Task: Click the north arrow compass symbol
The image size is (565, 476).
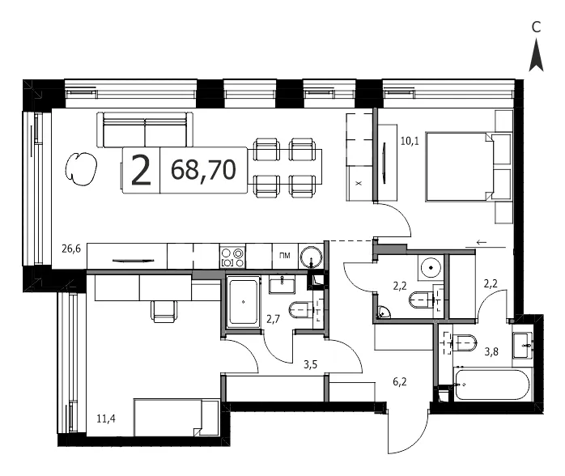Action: pyautogui.click(x=536, y=55)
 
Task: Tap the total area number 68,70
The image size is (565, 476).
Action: pyautogui.click(x=204, y=170)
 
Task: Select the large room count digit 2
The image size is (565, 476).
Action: pyautogui.click(x=141, y=171)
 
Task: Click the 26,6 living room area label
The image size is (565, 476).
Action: pyautogui.click(x=71, y=249)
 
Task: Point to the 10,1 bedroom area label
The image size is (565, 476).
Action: pyautogui.click(x=410, y=141)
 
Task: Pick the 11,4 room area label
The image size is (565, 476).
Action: pyautogui.click(x=106, y=419)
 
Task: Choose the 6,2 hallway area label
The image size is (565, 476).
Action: pyautogui.click(x=400, y=381)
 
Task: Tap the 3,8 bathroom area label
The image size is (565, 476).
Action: pyautogui.click(x=491, y=351)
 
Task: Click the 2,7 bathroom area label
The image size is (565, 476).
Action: pyautogui.click(x=273, y=319)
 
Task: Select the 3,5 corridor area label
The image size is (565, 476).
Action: pyautogui.click(x=310, y=364)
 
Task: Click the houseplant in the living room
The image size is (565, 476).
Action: pyautogui.click(x=81, y=168)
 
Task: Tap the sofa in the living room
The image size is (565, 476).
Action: pyautogui.click(x=145, y=130)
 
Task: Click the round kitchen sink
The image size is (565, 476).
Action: pyautogui.click(x=311, y=257)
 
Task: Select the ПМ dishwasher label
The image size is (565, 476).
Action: pyautogui.click(x=285, y=256)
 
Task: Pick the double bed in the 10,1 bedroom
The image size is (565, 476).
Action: pyautogui.click(x=468, y=167)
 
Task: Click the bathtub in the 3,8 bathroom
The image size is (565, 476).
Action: pyautogui.click(x=492, y=385)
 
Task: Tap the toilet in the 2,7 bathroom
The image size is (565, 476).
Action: pyautogui.click(x=301, y=309)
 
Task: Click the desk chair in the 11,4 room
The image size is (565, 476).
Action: pyautogui.click(x=164, y=311)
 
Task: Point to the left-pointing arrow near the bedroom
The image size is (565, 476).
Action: pyautogui.click(x=482, y=242)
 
